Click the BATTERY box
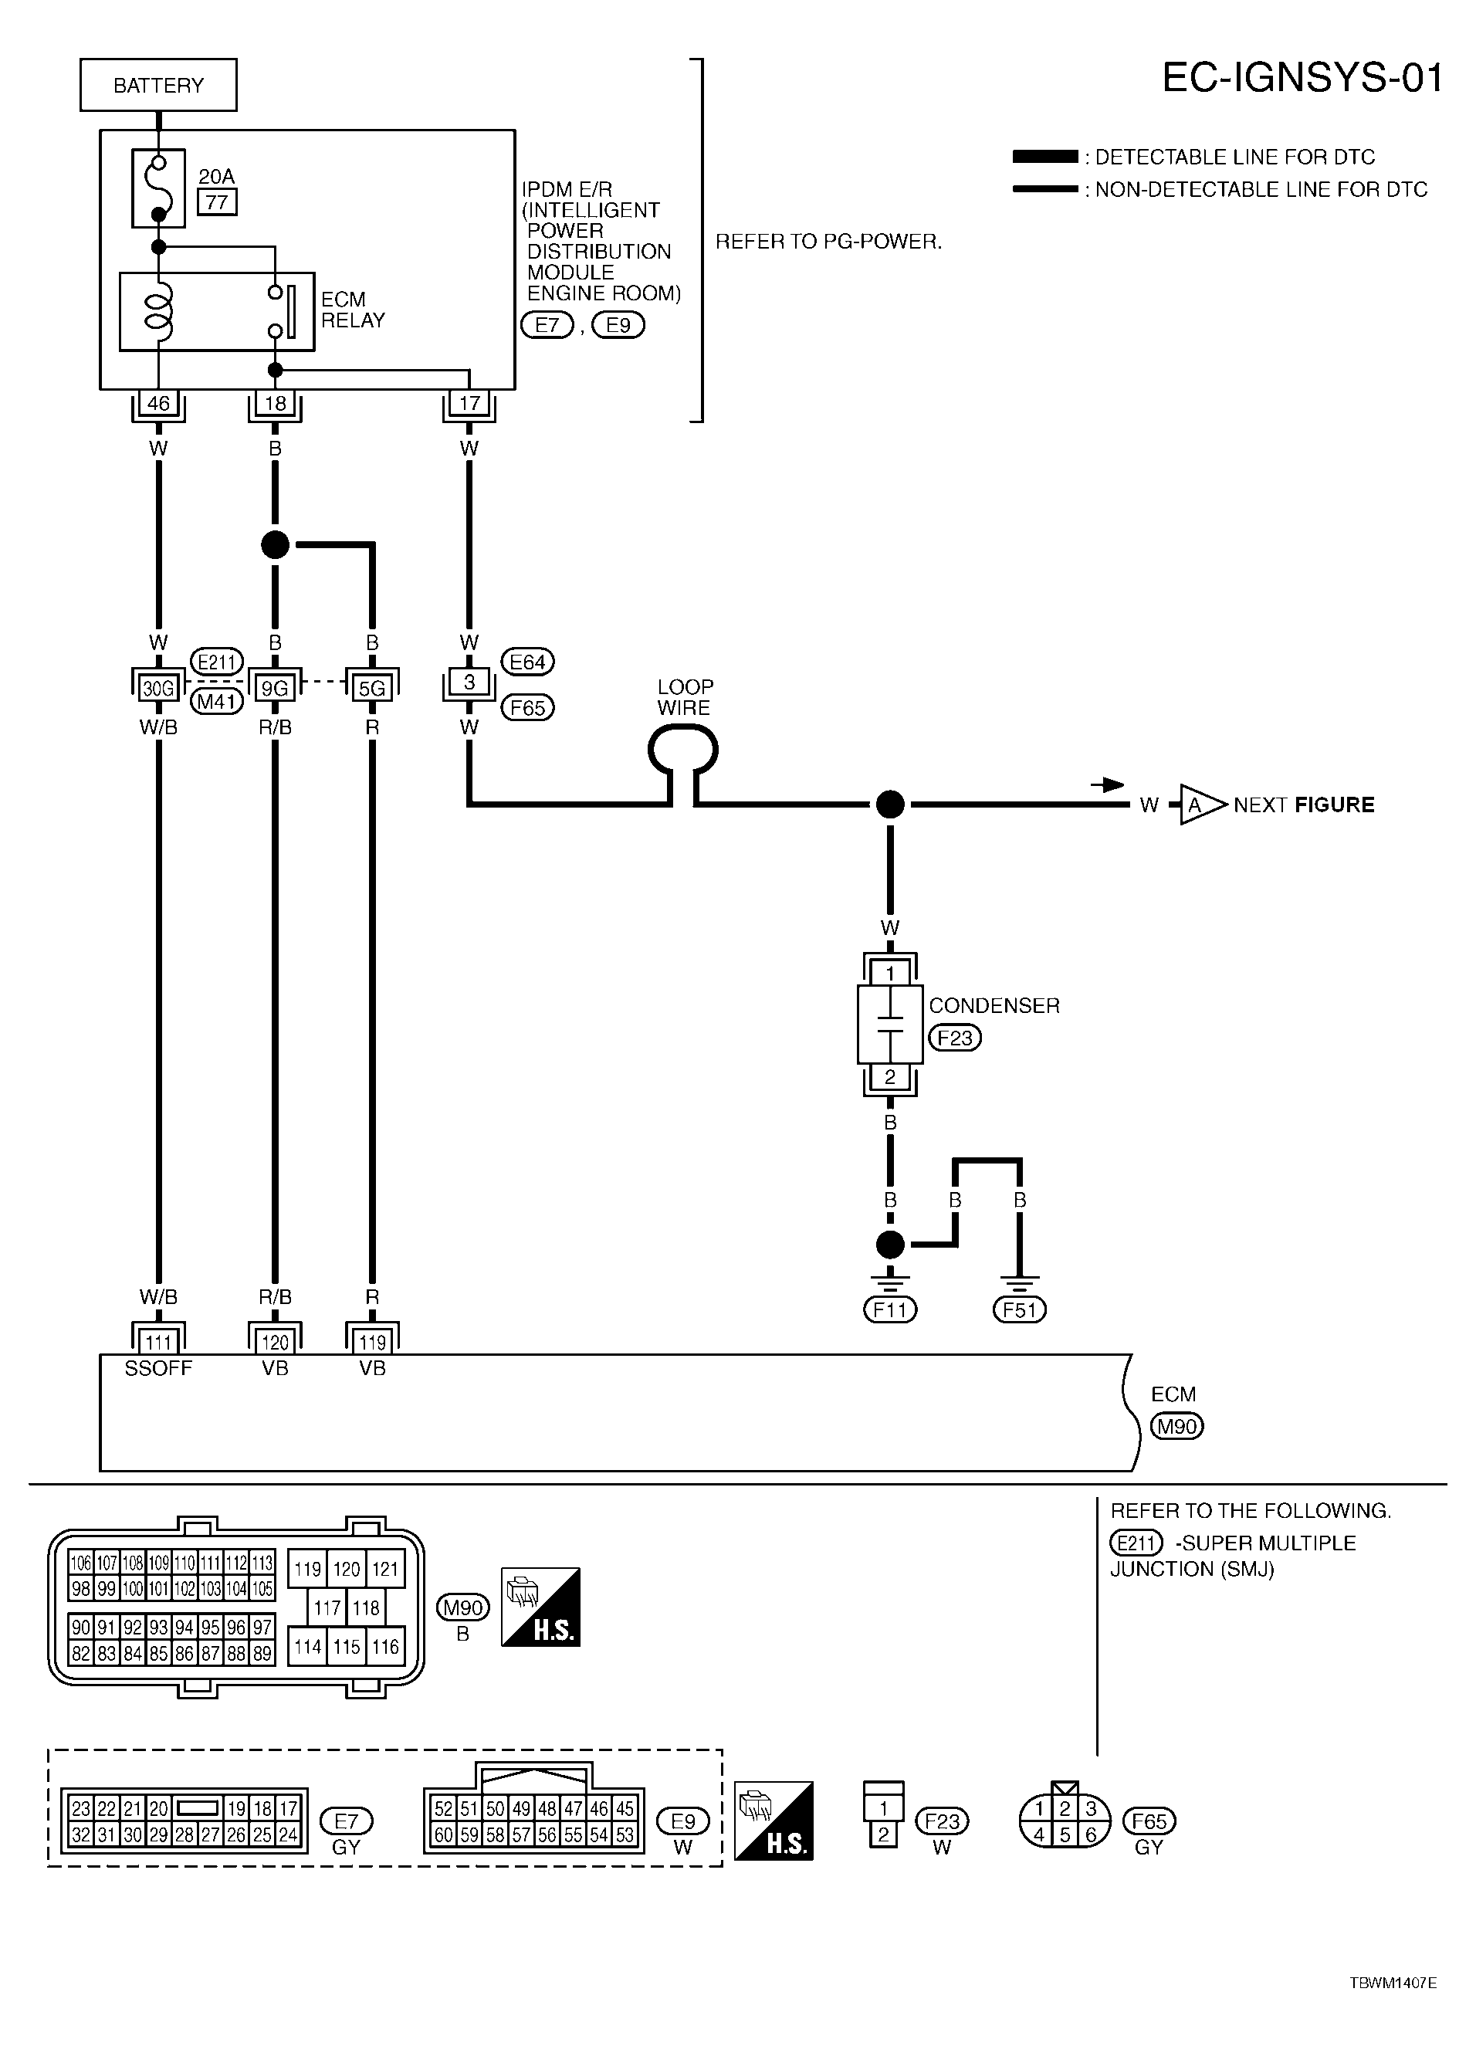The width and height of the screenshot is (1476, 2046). pyautogui.click(x=158, y=85)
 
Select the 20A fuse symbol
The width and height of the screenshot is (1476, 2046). pyautogui.click(x=158, y=188)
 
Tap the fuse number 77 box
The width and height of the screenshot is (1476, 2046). pyautogui.click(x=216, y=202)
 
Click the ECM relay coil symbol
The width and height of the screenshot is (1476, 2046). pyautogui.click(x=159, y=311)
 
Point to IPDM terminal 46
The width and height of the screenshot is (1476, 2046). pyautogui.click(x=158, y=403)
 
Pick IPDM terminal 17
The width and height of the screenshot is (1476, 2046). pyautogui.click(x=469, y=403)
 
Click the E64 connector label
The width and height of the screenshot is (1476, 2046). pyautogui.click(x=527, y=662)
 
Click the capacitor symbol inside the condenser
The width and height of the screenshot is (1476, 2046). pyautogui.click(x=891, y=1024)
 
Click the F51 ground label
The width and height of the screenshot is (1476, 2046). pyautogui.click(x=1020, y=1309)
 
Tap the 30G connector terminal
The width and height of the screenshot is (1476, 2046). pyautogui.click(x=158, y=689)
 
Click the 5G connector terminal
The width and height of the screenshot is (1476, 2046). pyautogui.click(x=372, y=689)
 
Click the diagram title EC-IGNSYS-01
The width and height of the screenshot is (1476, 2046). pyautogui.click(x=1302, y=79)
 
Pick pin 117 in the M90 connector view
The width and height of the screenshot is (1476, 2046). pyautogui.click(x=327, y=1607)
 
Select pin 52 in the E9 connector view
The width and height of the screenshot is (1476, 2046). pyautogui.click(x=443, y=1808)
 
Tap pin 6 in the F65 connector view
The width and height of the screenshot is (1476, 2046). pyautogui.click(x=1091, y=1834)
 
